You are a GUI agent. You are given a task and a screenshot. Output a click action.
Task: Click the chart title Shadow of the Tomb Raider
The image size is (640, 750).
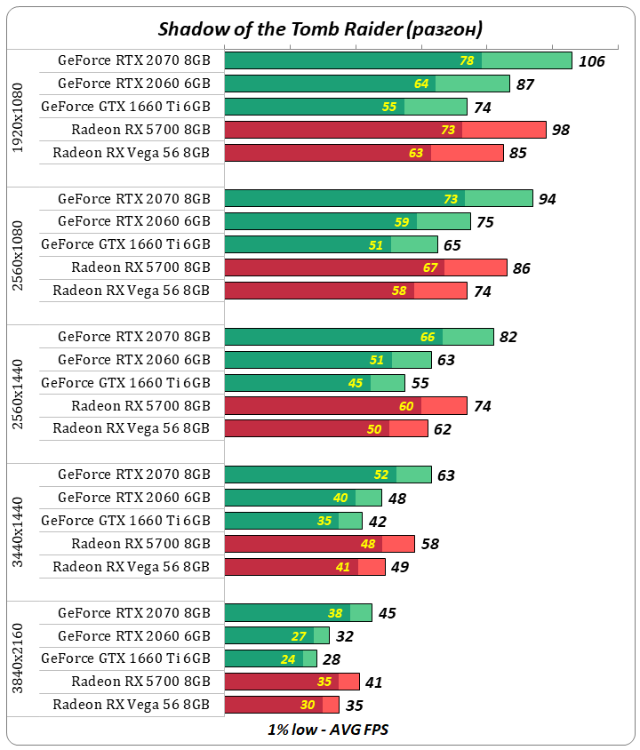coord(320,29)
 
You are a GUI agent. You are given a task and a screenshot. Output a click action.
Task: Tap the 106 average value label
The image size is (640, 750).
coord(591,61)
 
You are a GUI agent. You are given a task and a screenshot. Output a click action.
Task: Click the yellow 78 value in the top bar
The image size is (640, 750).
coord(467,60)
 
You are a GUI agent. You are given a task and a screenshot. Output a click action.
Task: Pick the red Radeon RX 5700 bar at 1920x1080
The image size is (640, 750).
coord(385,130)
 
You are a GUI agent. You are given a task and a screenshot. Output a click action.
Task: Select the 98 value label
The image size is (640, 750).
coord(560,130)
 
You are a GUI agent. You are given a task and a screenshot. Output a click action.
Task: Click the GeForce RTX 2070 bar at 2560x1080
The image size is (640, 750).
coord(378,198)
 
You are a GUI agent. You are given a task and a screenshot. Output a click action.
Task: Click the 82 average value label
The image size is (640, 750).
coord(508,337)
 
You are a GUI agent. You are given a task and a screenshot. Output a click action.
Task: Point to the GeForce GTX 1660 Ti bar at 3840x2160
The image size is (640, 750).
coord(270,658)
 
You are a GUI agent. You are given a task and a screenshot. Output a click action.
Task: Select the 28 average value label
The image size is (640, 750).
coord(331,659)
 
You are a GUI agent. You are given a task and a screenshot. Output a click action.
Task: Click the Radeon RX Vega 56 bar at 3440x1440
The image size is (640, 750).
coord(304,567)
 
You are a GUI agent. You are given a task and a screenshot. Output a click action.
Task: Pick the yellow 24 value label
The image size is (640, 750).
coord(288,659)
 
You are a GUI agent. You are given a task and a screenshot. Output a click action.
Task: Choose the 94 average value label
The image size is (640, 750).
coord(547,199)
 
